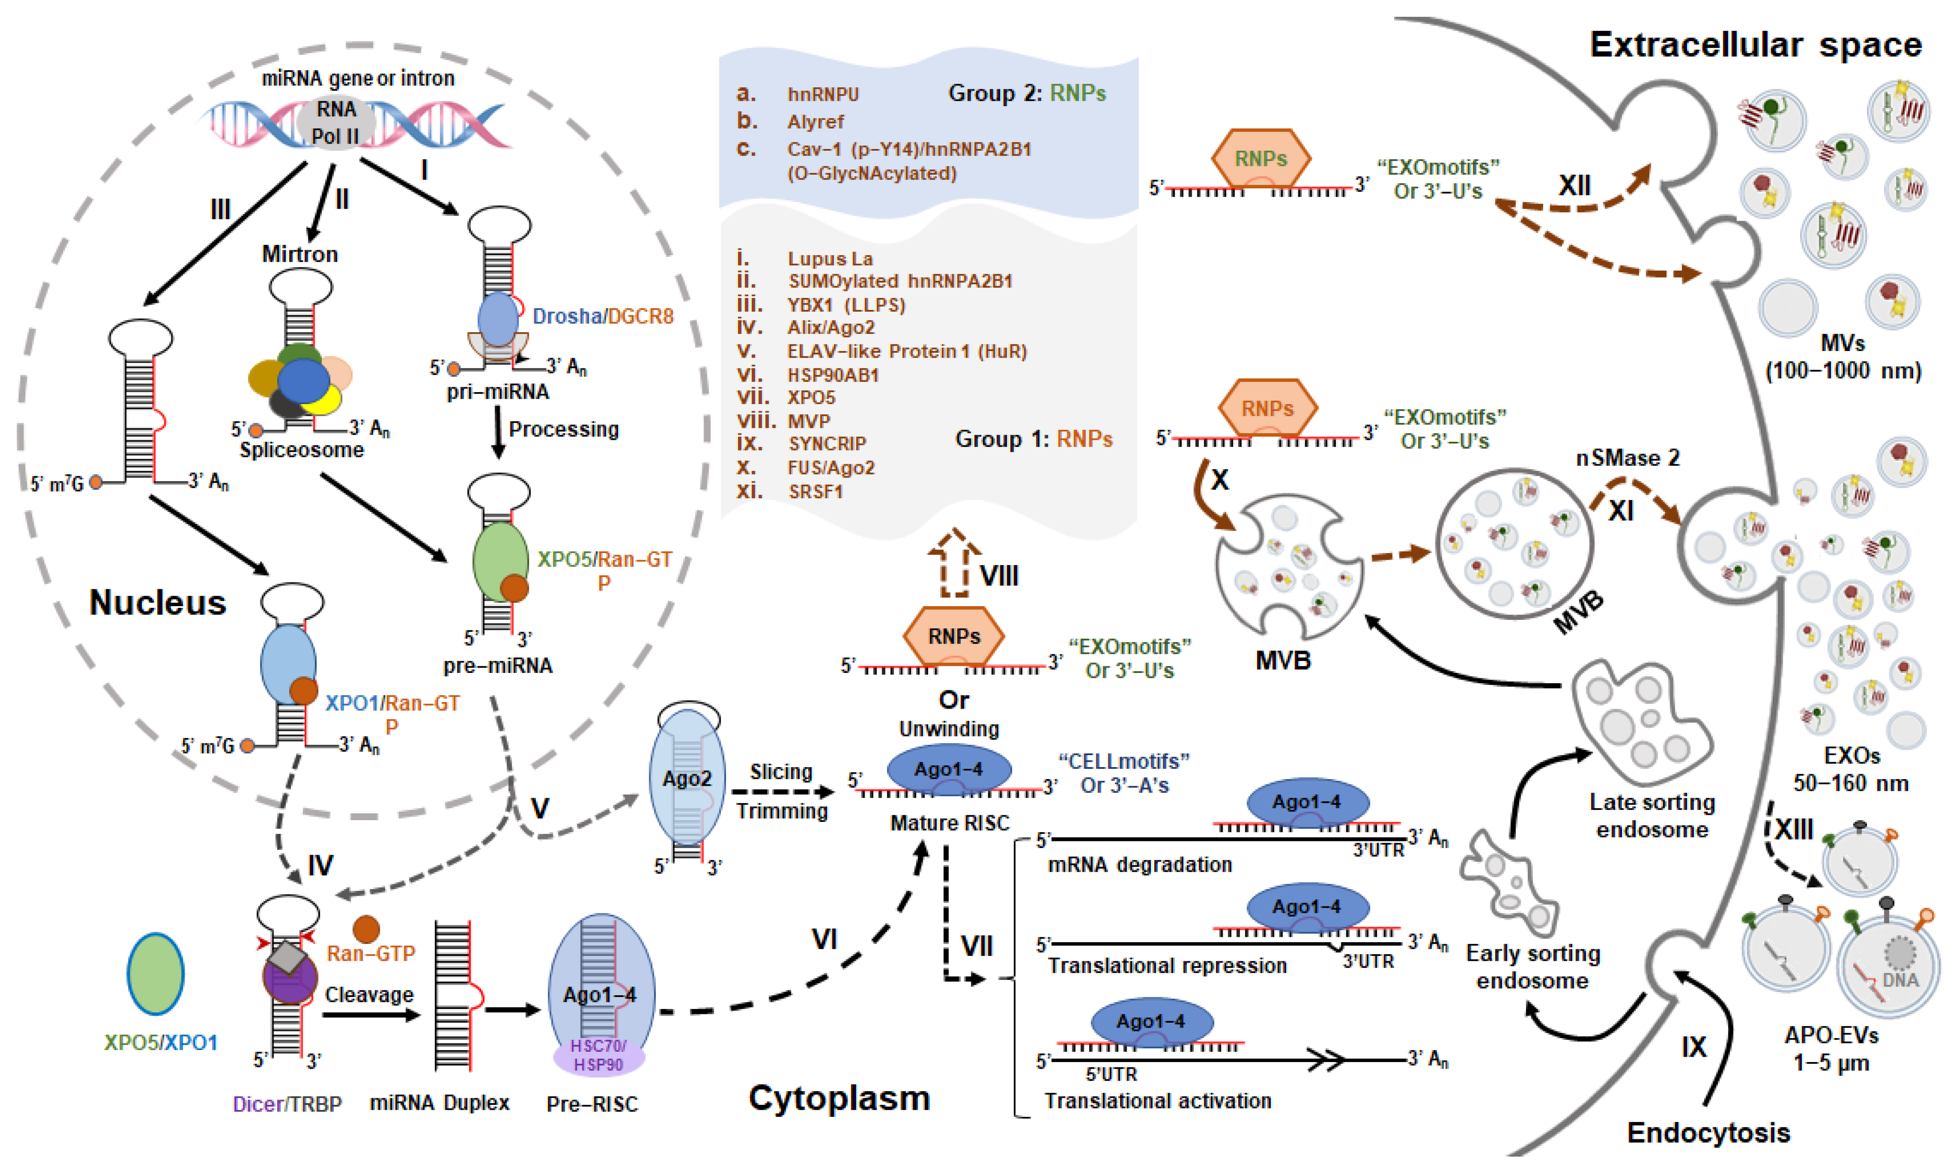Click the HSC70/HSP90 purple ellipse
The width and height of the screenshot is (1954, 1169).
[x=599, y=1055]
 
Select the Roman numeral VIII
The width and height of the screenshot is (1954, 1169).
[x=998, y=576]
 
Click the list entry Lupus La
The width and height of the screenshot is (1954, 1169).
[x=830, y=258]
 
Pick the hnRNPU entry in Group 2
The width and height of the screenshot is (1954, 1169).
[x=823, y=95]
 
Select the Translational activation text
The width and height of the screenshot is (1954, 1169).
[x=1158, y=1100]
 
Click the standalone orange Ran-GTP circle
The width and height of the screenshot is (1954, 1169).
[x=366, y=929]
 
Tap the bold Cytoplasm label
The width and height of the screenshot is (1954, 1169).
[x=839, y=1098]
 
